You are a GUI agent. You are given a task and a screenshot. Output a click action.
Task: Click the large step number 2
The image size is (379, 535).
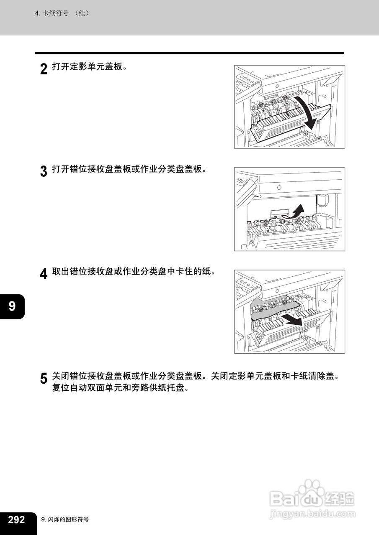pos(44,69)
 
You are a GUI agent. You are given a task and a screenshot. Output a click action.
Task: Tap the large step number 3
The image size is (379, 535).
pos(44,171)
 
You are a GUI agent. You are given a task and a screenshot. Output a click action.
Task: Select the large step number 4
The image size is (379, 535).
pos(44,274)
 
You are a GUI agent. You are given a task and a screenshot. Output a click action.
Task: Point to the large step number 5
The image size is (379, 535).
pos(44,378)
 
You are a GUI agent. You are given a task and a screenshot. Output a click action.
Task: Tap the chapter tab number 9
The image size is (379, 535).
pos(12,306)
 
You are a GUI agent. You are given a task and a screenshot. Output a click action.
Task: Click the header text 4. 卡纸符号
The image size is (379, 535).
pos(52,13)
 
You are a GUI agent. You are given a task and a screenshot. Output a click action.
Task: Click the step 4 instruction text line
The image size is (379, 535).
pos(134,271)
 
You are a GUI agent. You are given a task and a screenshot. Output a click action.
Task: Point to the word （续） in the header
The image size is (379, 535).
pos(82,13)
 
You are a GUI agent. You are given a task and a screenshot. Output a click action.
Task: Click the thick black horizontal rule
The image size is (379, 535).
pos(189,53)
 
